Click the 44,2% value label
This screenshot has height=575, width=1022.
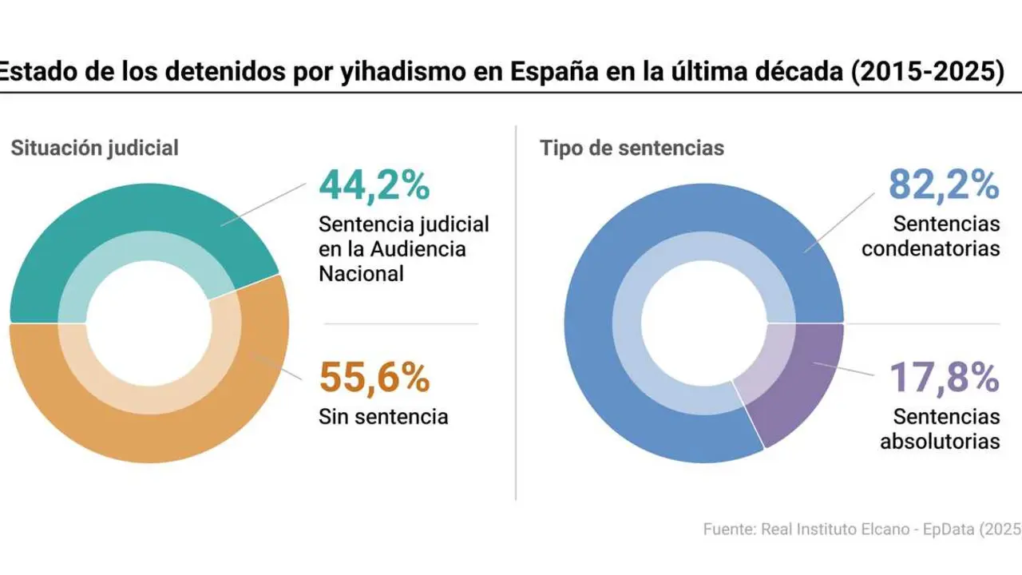[x=374, y=184]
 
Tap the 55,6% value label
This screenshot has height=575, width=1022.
[x=374, y=378]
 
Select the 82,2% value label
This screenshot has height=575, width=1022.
[x=944, y=184]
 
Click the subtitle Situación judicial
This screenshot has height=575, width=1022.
[x=94, y=148]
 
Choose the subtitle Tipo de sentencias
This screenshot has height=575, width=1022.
[x=632, y=148]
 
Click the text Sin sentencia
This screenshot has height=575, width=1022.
[x=383, y=416]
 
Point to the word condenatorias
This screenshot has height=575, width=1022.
[x=930, y=248]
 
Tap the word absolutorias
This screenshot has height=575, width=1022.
[x=940, y=441]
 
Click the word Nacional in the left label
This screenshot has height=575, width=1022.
[x=361, y=273]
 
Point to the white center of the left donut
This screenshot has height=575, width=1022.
[x=149, y=323]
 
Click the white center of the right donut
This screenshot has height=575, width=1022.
[x=703, y=323]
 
